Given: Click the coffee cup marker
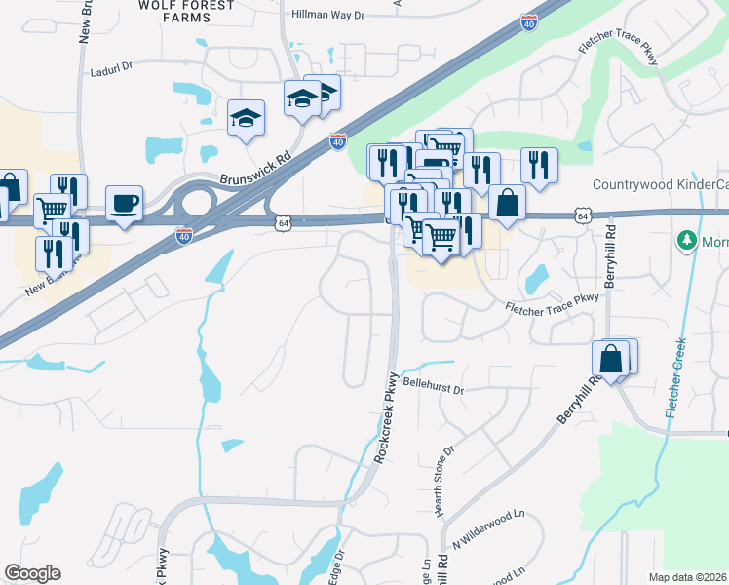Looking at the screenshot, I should tap(124, 204).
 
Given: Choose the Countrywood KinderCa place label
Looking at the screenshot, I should tap(660, 185).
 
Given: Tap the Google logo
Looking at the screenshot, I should tap(32, 573).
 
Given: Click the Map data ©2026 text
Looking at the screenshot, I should tap(688, 577).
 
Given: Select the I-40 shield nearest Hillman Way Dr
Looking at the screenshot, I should tap(528, 21).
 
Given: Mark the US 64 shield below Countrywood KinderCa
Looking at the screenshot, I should tap(582, 214).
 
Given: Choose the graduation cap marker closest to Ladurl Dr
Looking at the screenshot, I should tap(246, 119).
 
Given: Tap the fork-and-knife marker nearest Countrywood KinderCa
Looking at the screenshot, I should tap(538, 166).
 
